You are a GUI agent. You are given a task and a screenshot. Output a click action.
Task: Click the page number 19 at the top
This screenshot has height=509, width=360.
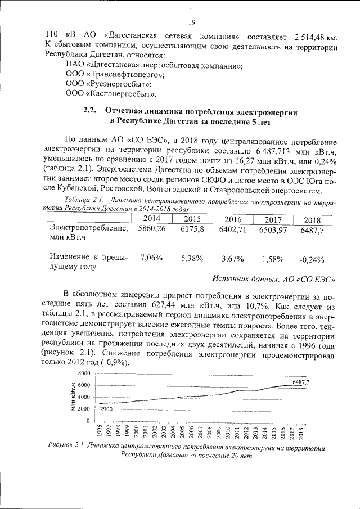point(191,22)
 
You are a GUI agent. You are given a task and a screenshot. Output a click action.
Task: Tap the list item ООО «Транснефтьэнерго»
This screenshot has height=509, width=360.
point(115,74)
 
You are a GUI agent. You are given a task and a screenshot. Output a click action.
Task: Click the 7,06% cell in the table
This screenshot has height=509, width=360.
point(151,258)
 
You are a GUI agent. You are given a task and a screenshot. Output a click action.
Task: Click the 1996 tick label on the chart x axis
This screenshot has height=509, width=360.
point(100,431)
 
